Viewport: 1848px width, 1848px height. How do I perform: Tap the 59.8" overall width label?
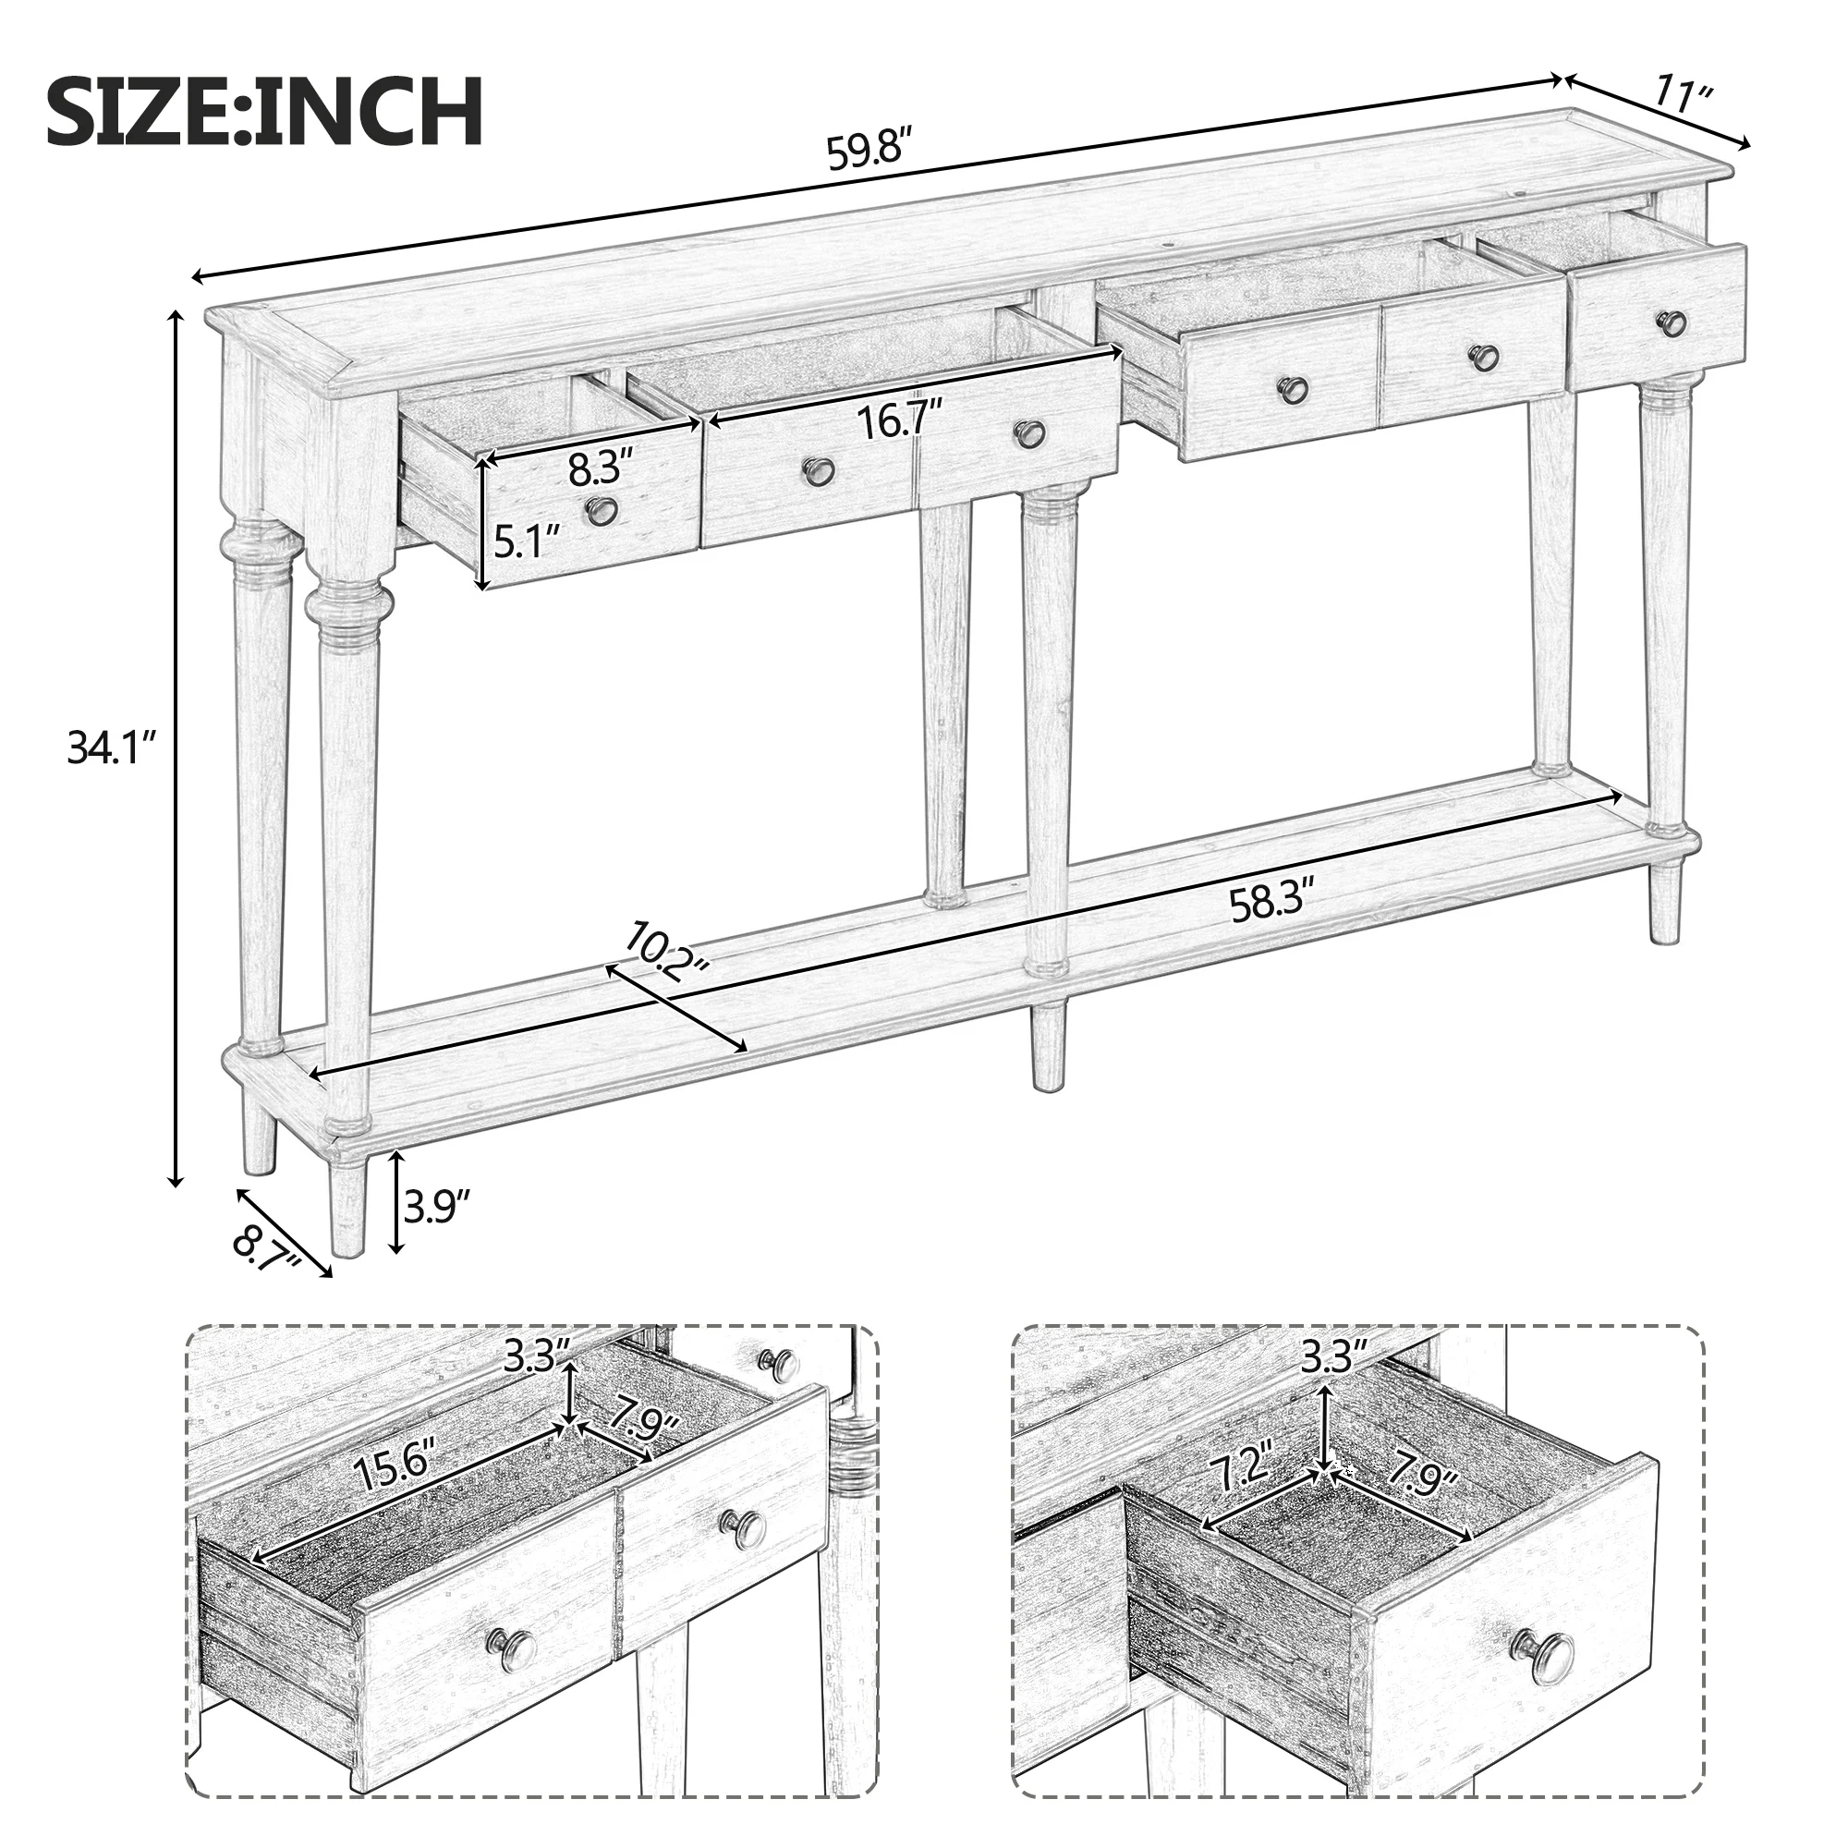[x=865, y=153]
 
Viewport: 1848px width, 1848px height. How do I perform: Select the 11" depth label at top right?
[x=1684, y=97]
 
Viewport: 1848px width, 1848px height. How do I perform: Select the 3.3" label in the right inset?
[x=1330, y=1356]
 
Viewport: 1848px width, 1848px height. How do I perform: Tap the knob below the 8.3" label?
[x=602, y=510]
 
